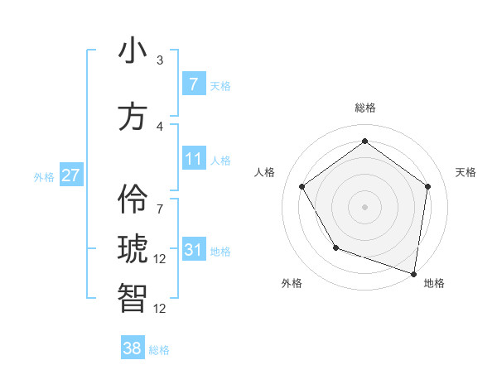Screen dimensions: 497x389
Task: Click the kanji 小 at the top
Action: pos(133,50)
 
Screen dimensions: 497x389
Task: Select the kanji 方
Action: pos(133,117)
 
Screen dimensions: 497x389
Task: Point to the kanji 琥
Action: pos(133,249)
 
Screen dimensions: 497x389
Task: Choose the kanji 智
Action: pos(133,298)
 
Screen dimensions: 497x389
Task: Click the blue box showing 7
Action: pos(193,84)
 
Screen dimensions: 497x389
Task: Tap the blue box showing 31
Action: pos(193,249)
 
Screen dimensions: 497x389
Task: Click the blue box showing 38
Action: pos(133,348)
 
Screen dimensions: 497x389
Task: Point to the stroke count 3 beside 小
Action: pos(160,60)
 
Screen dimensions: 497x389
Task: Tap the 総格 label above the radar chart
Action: pos(364,108)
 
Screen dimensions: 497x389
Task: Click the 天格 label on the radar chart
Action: pos(466,172)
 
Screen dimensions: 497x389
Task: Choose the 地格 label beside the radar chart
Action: pos(434,283)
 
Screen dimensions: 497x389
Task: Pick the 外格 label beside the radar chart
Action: pos(292,283)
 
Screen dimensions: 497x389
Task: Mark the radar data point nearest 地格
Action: pos(413,273)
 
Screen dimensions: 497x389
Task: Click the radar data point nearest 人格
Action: pos(302,186)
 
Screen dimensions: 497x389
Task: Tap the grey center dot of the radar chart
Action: pos(364,206)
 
